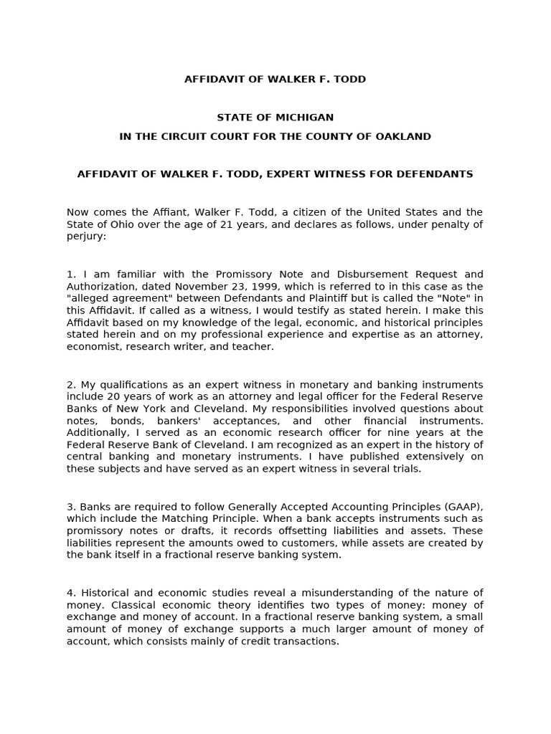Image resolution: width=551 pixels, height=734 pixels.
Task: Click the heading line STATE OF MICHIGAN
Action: [275, 118]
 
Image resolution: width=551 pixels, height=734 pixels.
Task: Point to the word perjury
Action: [85, 236]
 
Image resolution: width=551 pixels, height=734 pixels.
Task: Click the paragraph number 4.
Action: [70, 593]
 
